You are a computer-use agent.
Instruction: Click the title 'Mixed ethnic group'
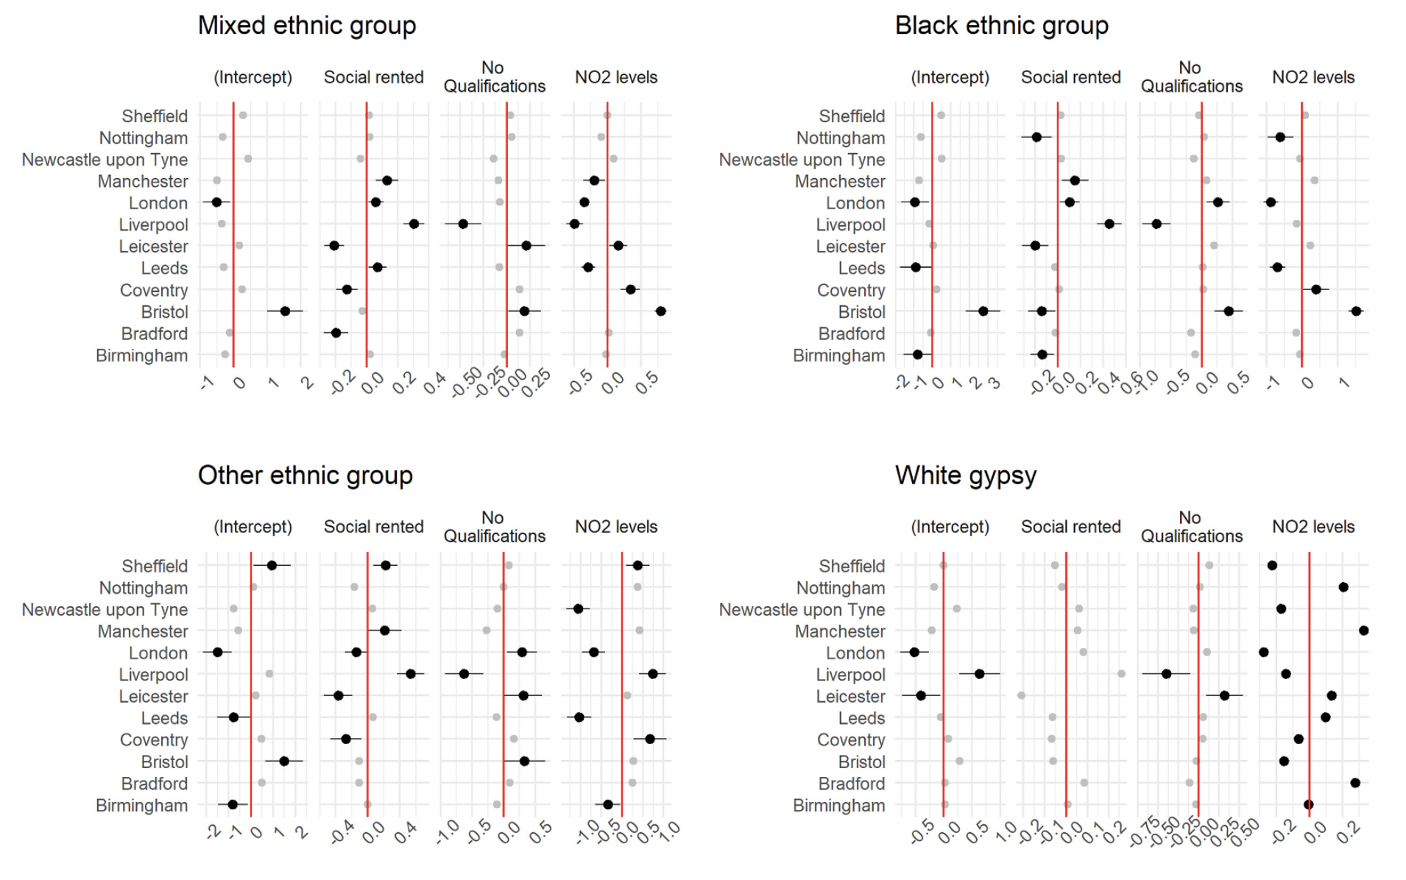[307, 26]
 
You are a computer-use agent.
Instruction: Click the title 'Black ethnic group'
[1001, 26]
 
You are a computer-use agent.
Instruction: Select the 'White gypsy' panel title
[965, 476]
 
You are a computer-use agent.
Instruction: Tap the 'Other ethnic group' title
[305, 476]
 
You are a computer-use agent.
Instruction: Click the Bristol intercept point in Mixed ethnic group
[285, 312]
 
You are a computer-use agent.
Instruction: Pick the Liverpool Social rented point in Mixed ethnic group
[414, 224]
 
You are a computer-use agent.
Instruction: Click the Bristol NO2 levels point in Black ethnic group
[1356, 312]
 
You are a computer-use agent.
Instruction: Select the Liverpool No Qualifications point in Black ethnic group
[1156, 224]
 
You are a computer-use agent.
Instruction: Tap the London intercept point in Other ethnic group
[217, 653]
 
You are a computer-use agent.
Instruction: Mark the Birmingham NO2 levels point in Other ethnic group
[607, 805]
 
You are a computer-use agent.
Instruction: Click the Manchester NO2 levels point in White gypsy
[1363, 631]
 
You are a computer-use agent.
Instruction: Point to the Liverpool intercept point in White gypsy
[979, 674]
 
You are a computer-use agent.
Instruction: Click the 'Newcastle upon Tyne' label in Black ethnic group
[802, 160]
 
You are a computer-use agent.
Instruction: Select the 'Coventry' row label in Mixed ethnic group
[154, 291]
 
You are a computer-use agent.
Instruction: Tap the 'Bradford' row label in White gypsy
[851, 784]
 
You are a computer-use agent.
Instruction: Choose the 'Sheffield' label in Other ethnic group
[155, 567]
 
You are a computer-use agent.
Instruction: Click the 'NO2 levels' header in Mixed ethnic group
[615, 78]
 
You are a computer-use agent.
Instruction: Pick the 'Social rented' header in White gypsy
[1070, 527]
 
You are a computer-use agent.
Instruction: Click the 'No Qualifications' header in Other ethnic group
[494, 527]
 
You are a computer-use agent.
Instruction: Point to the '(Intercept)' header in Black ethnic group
[950, 78]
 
